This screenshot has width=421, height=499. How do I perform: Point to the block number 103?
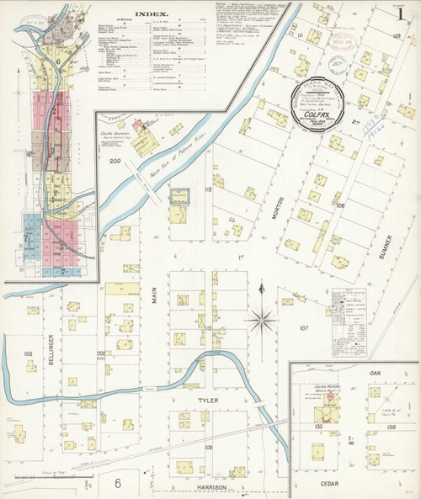coord(28,354)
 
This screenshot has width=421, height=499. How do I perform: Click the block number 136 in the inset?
coord(390,427)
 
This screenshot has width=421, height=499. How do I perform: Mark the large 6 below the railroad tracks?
coord(119,481)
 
